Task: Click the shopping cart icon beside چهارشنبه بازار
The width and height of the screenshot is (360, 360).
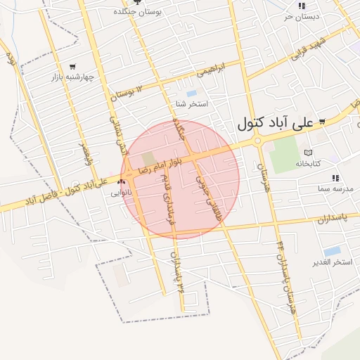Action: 72,67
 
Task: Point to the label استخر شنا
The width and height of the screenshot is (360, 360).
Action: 192,103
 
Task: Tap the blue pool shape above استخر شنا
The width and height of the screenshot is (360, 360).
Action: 191,93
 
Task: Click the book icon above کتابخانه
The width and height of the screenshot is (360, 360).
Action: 307,153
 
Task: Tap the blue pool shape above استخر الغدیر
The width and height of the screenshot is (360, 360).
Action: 332,250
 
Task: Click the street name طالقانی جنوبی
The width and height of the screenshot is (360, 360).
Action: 209,199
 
